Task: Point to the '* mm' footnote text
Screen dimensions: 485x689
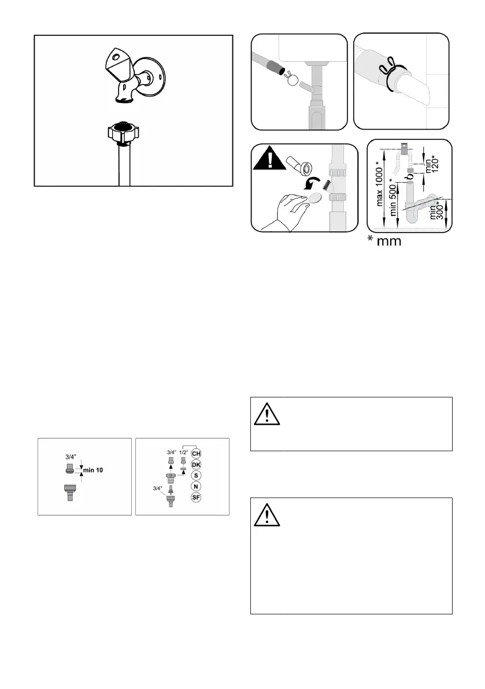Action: tap(393, 241)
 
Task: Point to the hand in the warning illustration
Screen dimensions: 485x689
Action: tap(283, 210)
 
